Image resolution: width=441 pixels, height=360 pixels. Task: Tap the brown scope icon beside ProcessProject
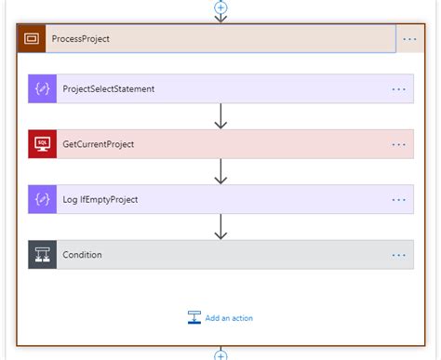32,38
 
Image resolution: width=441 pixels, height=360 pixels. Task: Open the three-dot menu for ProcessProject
410,38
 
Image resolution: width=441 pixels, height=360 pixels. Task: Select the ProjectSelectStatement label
108,89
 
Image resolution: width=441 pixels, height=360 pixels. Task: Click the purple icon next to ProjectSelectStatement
43,89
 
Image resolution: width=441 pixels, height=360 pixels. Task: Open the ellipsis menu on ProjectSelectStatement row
399,89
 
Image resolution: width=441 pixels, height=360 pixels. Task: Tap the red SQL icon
43,144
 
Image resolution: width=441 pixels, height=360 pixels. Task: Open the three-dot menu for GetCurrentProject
399,144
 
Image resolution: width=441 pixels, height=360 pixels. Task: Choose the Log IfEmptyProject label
100,199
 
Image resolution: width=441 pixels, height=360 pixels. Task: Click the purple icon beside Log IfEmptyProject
43,199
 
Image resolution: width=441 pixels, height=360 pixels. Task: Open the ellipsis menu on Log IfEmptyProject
399,199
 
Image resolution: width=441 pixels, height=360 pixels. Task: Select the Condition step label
82,254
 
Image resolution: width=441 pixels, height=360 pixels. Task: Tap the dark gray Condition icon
43,254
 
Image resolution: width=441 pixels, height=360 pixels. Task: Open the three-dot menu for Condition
399,254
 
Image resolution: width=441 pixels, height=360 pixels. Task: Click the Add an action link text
230,317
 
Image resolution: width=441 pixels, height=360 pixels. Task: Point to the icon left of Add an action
194,317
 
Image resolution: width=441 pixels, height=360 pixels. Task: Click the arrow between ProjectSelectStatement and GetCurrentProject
220,116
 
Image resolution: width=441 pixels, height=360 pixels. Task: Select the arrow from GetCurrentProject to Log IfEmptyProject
220,171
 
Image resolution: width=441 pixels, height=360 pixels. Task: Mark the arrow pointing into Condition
220,226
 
